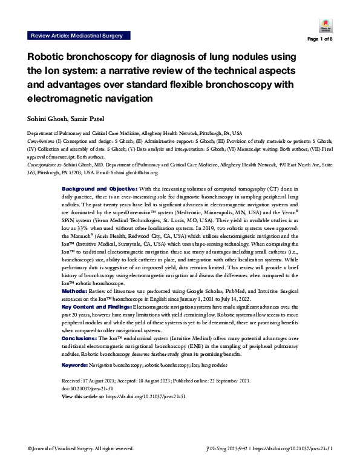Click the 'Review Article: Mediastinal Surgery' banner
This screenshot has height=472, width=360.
pos(76,36)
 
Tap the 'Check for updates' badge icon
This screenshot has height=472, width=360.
pos(322,26)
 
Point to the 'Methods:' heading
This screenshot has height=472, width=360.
pos(76,291)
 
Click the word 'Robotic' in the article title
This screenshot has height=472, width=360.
pos(50,57)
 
